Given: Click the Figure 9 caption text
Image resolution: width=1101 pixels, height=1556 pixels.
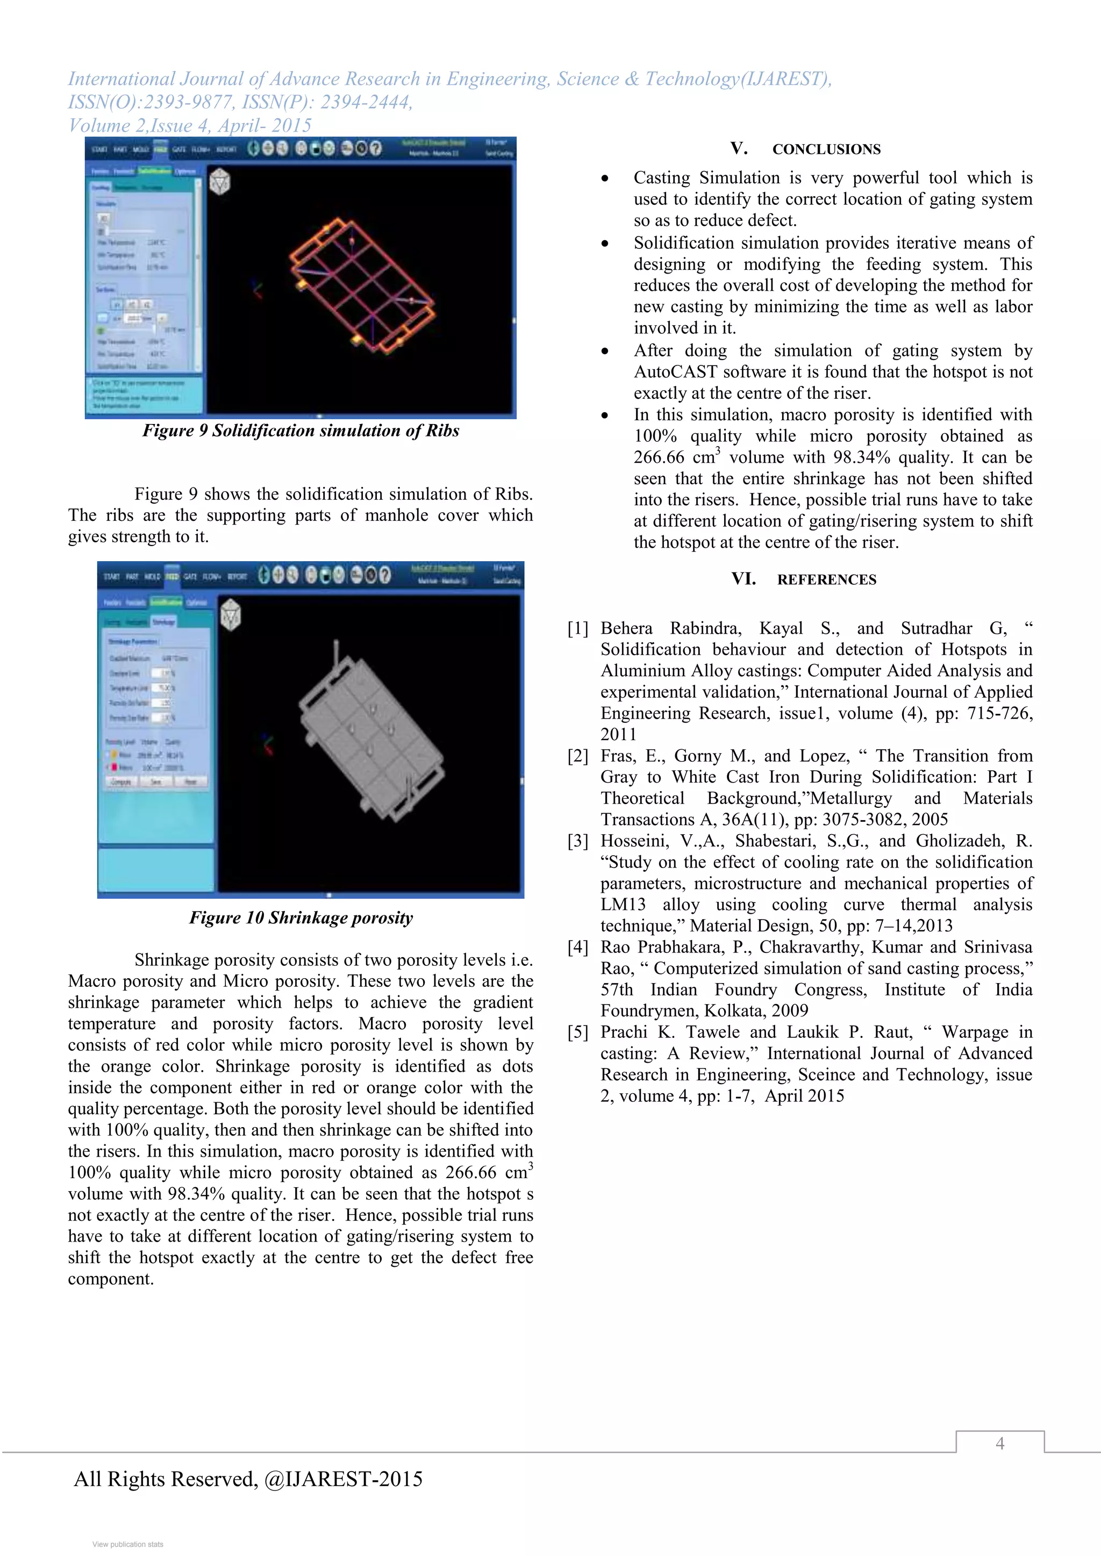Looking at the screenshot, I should click(x=301, y=431).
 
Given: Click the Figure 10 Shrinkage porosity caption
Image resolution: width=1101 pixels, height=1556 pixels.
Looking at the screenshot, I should click(x=301, y=917).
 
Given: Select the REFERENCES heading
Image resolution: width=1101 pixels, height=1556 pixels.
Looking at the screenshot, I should click(x=826, y=580).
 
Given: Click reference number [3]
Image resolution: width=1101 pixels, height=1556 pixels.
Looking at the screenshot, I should click(x=577, y=841).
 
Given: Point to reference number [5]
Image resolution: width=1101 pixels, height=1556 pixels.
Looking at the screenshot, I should click(x=577, y=1032).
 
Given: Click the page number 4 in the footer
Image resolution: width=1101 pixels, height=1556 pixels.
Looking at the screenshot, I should click(x=999, y=1444).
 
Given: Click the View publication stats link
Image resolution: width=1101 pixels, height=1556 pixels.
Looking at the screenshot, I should click(x=127, y=1545).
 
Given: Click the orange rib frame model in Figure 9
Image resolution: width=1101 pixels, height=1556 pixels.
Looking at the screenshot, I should click(x=361, y=285).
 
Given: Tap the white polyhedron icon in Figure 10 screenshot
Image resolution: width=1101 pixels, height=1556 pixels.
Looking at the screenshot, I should click(x=231, y=615).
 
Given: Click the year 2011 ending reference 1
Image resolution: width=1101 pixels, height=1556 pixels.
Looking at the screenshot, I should click(x=618, y=735).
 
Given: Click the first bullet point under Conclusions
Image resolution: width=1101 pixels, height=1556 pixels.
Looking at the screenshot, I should click(x=604, y=178).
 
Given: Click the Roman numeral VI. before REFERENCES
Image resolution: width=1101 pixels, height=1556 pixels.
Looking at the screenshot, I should click(x=743, y=579).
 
